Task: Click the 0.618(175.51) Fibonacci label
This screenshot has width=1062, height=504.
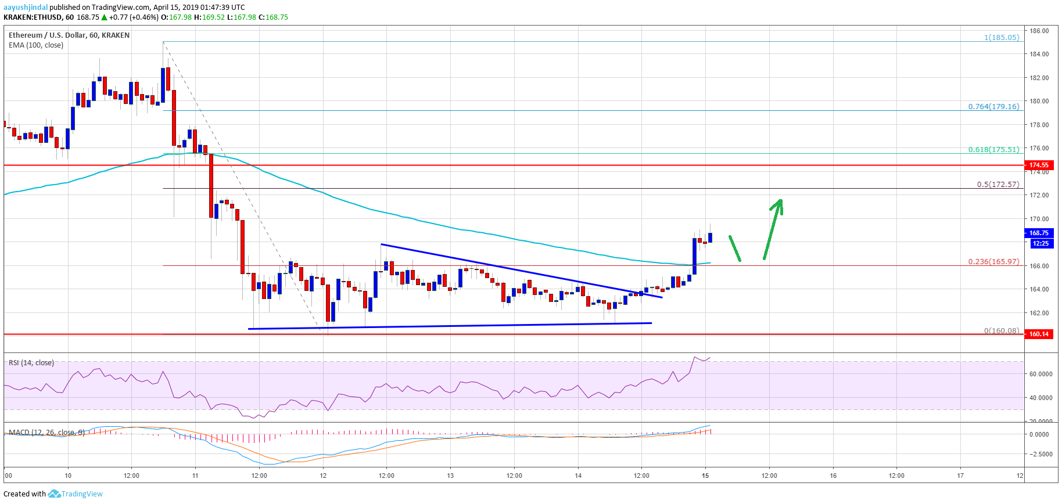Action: [x=993, y=150]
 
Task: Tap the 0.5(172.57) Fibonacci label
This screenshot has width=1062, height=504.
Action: [x=998, y=185]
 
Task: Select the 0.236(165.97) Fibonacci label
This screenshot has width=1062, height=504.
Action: [x=993, y=262]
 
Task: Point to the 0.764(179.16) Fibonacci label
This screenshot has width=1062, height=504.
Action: [x=993, y=107]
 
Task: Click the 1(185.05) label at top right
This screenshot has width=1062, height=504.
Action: [x=1002, y=38]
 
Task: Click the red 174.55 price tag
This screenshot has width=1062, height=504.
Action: [x=1039, y=165]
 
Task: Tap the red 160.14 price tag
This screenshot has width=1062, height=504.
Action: [x=1039, y=334]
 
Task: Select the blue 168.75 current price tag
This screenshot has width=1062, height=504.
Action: [x=1039, y=233]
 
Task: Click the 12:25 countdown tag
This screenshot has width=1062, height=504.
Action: [x=1040, y=243]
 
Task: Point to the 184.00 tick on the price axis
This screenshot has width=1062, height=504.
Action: [x=1039, y=55]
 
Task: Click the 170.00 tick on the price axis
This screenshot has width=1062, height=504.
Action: [x=1039, y=219]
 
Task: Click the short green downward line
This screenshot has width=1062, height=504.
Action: [x=735, y=249]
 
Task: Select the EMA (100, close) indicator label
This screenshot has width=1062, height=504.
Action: [x=36, y=45]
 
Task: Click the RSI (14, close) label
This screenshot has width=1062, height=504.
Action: [x=31, y=363]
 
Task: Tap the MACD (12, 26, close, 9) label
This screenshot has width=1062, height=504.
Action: [x=46, y=433]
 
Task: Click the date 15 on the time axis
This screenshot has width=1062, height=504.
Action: [x=705, y=476]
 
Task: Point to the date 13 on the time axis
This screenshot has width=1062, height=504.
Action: [x=450, y=476]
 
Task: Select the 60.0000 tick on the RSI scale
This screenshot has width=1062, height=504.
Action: [x=1041, y=375]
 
